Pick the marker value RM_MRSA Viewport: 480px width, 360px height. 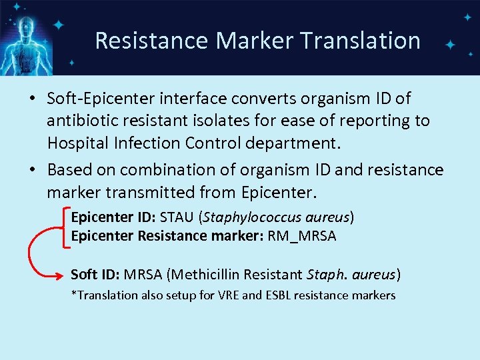[301, 235]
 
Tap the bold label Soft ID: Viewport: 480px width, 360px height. [95, 275]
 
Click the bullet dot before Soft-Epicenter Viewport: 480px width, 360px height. [32, 99]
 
